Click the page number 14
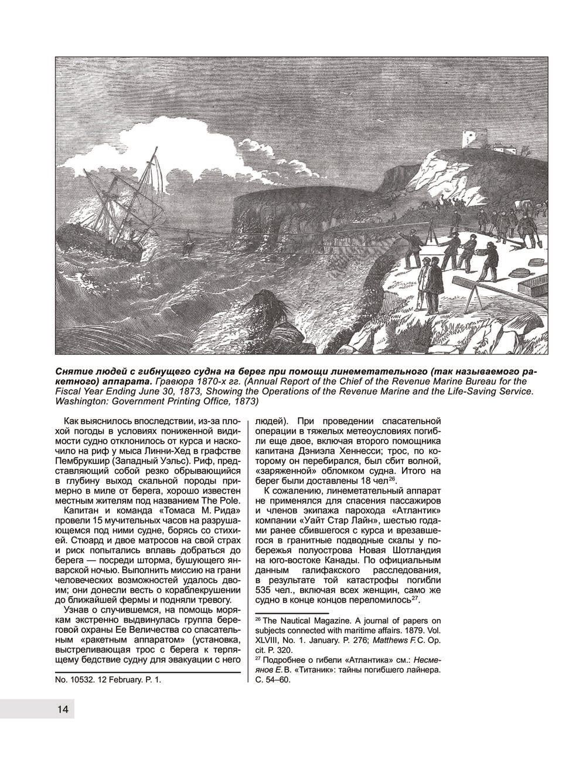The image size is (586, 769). pos(63,709)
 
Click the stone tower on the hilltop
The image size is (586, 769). pos(470,139)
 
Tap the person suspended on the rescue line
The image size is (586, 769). pos(189,241)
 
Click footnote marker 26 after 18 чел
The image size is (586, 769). pos(393,478)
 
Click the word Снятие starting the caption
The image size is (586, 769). pos(74,372)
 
